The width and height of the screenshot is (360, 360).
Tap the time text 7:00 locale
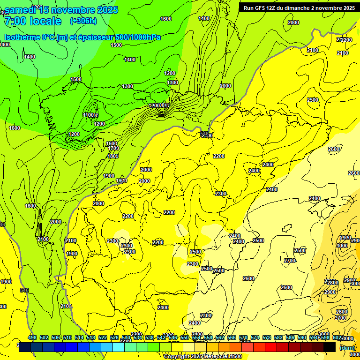point(32,21)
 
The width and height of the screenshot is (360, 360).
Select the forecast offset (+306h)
point(83,21)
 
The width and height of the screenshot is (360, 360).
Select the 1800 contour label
point(113,156)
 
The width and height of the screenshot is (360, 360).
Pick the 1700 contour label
point(113,148)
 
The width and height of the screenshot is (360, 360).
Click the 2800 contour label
point(332,283)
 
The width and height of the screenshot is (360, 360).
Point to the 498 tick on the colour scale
point(32,337)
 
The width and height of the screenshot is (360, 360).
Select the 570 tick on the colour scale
point(243,337)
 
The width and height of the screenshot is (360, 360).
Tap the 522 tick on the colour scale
point(103,337)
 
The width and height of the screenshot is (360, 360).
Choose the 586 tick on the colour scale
point(290,337)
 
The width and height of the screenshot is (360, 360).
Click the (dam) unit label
point(347,348)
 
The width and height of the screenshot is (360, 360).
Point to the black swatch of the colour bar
point(330,347)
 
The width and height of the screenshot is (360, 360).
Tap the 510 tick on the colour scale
point(67,337)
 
